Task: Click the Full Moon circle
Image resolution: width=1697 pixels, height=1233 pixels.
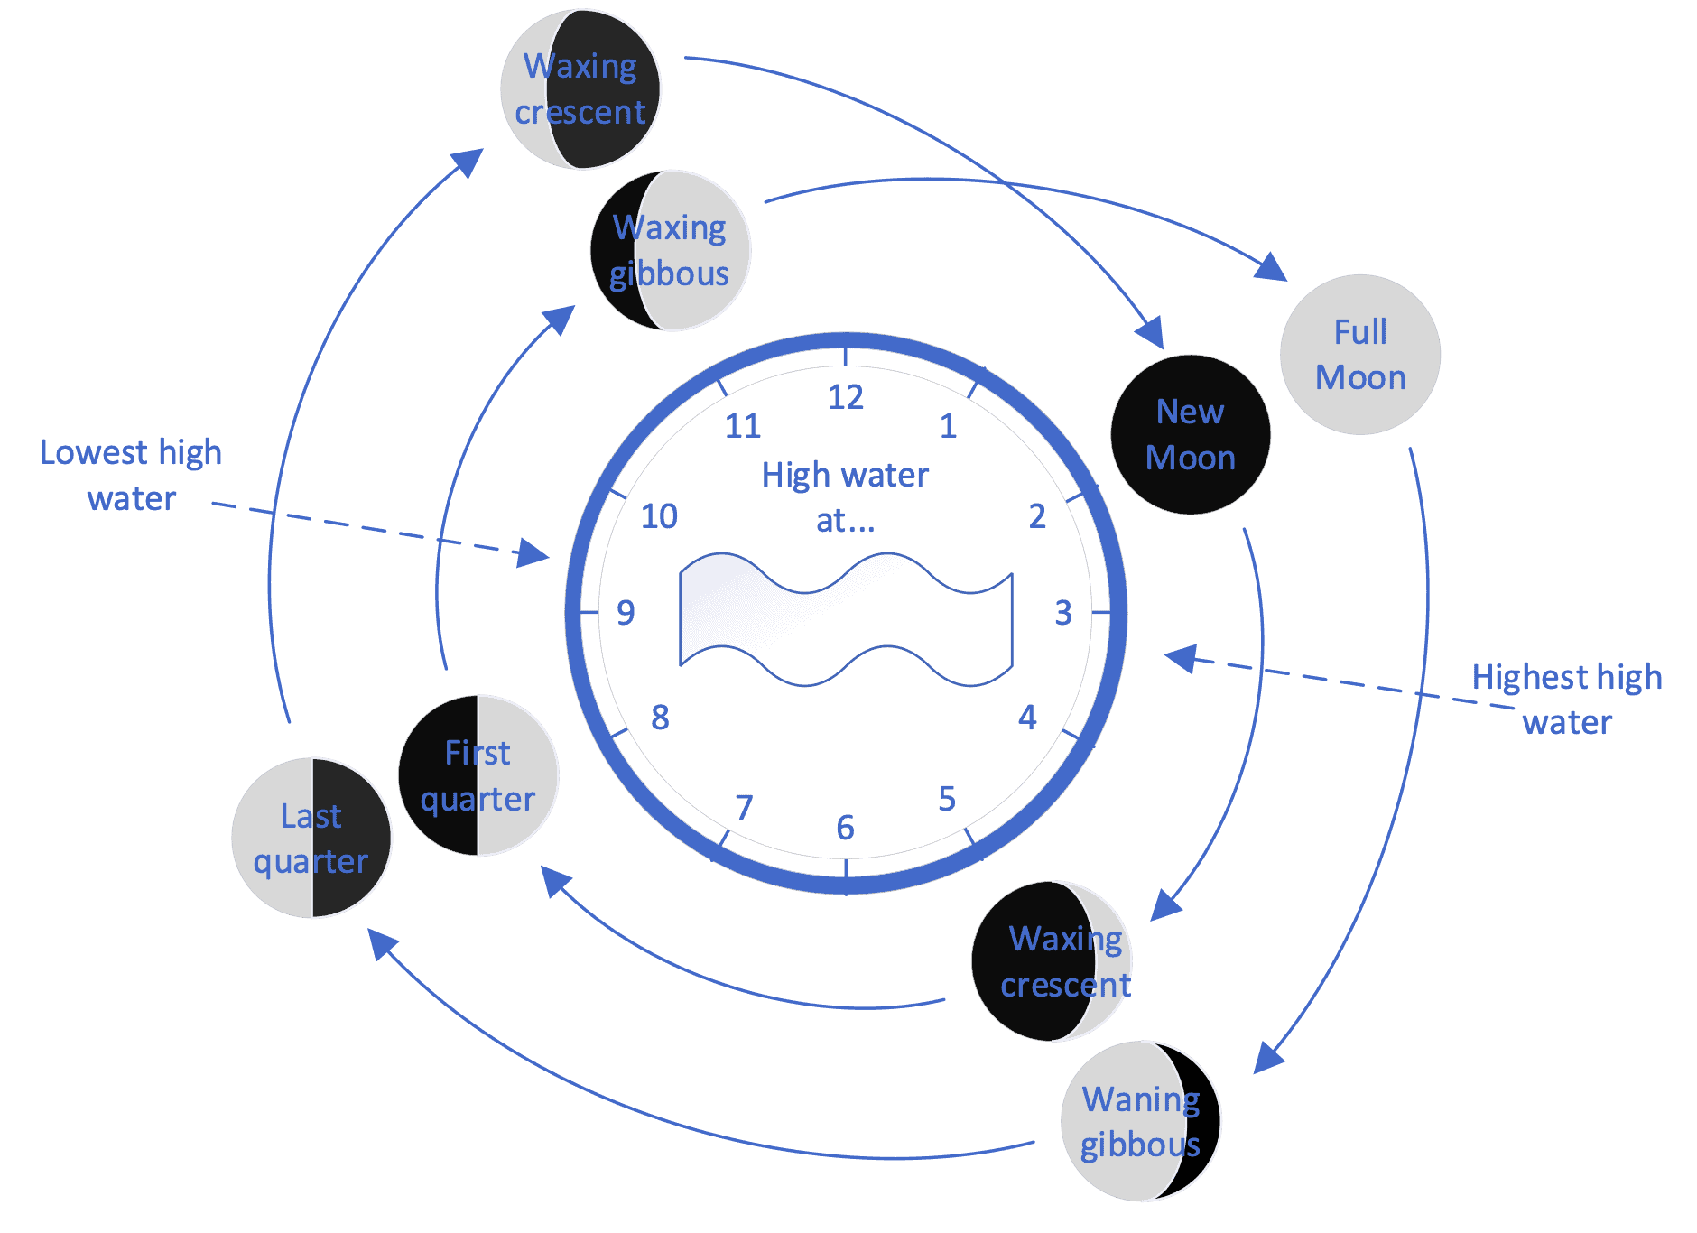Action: pos(1359,355)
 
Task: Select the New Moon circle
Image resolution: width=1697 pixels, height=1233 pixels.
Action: pos(1190,435)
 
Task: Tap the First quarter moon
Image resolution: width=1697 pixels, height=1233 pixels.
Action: pos(478,775)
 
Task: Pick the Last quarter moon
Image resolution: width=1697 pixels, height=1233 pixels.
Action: pos(311,839)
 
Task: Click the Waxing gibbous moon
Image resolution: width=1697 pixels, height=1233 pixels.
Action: pos(671,251)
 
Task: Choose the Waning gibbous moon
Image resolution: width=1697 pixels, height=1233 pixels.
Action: pos(1140,1121)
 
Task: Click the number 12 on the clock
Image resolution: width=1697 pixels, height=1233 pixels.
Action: pos(846,397)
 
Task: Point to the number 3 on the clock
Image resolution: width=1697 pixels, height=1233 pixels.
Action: pos(1063,613)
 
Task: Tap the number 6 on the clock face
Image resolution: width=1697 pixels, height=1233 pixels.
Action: pos(845,827)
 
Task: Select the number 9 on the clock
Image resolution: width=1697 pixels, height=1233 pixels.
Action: pos(626,613)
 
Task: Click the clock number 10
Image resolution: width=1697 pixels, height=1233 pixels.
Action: pos(659,516)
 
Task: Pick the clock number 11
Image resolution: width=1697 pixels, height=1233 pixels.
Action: pos(743,426)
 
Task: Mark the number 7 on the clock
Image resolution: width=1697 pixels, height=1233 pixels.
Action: pos(744,807)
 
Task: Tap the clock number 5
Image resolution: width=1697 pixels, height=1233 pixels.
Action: pos(946,799)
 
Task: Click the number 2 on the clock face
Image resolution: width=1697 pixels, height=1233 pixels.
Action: pos(1037,516)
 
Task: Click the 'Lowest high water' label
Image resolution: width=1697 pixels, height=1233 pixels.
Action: pos(132,475)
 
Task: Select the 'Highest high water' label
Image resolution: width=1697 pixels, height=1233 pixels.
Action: pos(1567,700)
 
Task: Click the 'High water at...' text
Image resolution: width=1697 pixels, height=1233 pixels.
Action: pos(845,496)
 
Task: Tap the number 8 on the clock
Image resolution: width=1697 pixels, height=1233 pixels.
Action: pos(660,718)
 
